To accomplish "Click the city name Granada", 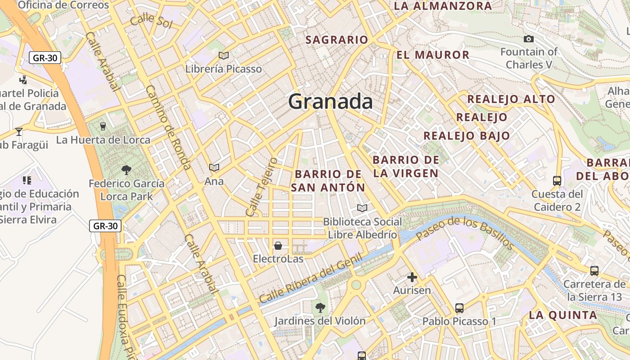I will (x=330, y=102).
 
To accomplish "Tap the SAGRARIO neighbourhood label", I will (x=337, y=40).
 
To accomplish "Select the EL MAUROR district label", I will (x=433, y=55).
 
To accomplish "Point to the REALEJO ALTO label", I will (x=511, y=99).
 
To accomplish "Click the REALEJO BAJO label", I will (x=467, y=135).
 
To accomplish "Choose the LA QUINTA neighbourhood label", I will (x=563, y=315).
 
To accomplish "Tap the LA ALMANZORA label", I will (x=443, y=6).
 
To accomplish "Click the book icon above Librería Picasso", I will (x=223, y=56).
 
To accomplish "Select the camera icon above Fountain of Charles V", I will (x=529, y=39).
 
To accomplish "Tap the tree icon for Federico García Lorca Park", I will (x=126, y=170).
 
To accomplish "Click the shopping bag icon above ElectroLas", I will (x=278, y=246).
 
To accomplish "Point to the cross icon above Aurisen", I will (x=412, y=277).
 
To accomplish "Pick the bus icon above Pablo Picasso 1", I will (x=459, y=308).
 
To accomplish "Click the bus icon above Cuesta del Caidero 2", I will (x=557, y=181).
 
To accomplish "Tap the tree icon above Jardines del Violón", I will (x=320, y=308).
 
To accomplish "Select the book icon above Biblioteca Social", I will (x=362, y=208).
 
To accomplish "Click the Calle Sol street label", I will (x=151, y=20).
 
